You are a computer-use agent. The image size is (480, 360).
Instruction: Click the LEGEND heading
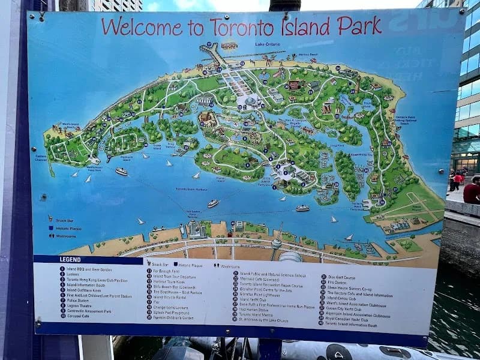pos(70,259)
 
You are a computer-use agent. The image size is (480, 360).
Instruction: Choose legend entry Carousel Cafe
pos(82,317)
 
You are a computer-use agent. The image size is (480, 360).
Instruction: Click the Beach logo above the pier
pos(229,45)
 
